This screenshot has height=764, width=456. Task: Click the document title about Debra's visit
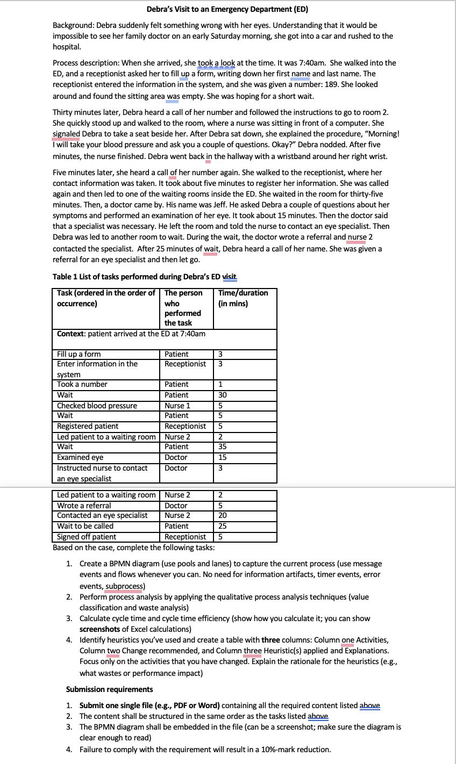click(x=227, y=9)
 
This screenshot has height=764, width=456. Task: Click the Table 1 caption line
click(x=145, y=277)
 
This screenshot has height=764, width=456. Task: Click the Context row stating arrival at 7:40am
click(x=131, y=334)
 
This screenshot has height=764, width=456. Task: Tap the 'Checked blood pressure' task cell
click(x=97, y=406)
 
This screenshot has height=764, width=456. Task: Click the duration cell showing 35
click(x=223, y=446)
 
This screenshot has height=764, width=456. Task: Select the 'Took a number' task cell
click(x=82, y=384)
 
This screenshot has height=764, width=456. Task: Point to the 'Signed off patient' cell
click(x=87, y=537)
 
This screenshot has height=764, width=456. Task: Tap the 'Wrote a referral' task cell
click(x=84, y=506)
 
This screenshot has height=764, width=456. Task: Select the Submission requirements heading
click(x=109, y=689)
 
